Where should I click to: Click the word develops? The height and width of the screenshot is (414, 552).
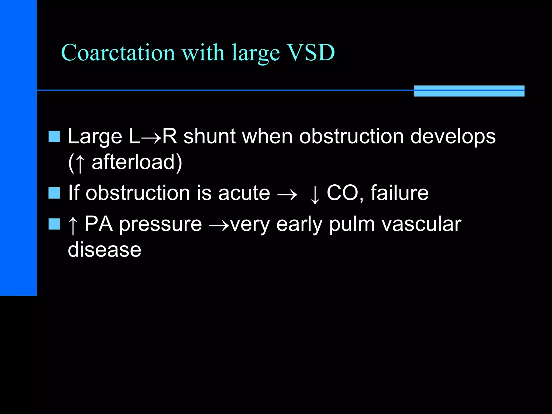coord(453,137)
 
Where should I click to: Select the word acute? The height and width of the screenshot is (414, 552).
coord(244,193)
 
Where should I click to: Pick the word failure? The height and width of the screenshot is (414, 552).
coord(399,193)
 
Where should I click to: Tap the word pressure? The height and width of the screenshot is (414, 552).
coord(160,224)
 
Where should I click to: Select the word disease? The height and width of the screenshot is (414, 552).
coord(105,250)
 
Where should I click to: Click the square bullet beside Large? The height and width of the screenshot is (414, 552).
coord(54,136)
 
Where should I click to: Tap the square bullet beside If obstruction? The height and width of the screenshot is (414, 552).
coord(54,193)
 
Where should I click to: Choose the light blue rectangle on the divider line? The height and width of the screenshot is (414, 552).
coord(469,91)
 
